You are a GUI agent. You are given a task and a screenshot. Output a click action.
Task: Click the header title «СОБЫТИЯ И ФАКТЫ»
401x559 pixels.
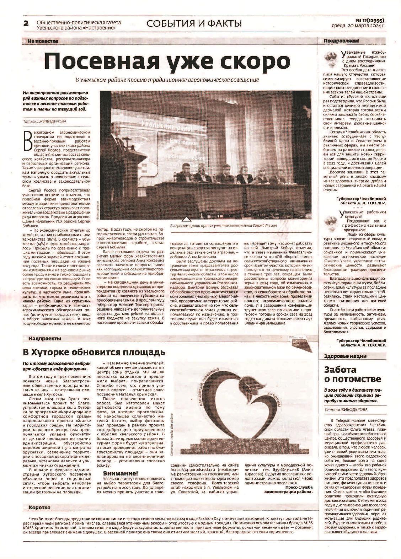(x=194, y=24)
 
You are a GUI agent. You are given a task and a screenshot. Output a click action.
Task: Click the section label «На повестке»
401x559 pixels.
(x=43, y=41)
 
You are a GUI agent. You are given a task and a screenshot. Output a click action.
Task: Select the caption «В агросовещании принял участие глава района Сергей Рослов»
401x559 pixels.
(x=224, y=226)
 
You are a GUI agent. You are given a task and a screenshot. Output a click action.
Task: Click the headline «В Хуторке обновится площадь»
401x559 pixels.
(x=94, y=352)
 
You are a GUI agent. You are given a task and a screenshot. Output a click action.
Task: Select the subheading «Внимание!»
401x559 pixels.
(x=120, y=473)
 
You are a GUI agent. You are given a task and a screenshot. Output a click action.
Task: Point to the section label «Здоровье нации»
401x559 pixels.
(x=345, y=356)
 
